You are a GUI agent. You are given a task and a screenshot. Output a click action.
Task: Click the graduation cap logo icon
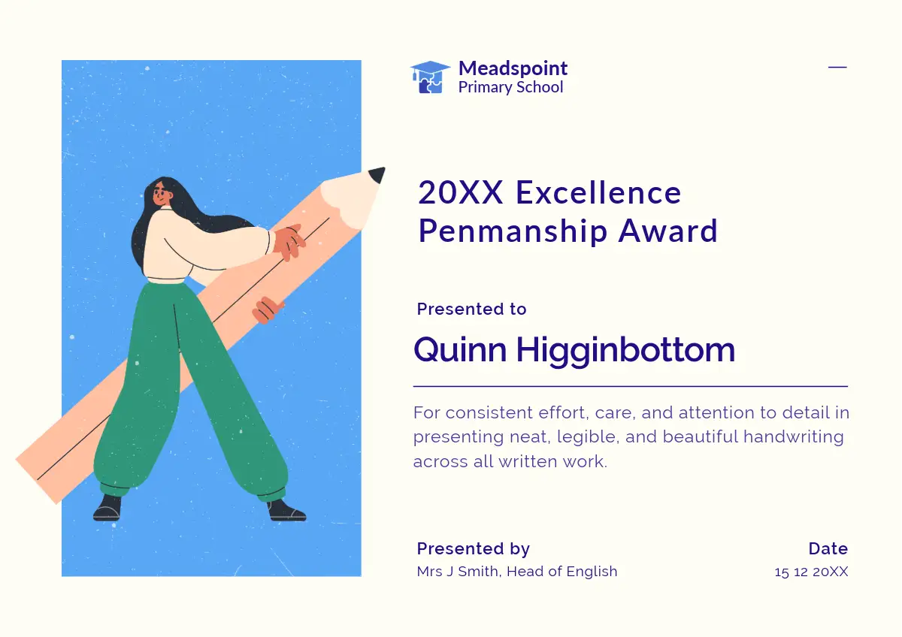430,77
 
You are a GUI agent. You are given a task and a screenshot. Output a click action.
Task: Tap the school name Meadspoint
513,68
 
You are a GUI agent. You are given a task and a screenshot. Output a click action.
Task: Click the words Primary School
510,87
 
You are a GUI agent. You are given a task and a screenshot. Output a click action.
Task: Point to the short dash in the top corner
837,67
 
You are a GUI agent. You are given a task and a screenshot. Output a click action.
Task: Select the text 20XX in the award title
461,193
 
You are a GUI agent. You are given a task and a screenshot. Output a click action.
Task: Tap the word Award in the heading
667,231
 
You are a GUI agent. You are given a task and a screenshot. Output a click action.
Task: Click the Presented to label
471,309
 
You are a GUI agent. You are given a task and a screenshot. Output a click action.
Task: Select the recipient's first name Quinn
460,350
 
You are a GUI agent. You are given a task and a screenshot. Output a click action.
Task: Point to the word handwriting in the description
793,437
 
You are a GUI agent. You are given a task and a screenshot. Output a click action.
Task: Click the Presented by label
474,549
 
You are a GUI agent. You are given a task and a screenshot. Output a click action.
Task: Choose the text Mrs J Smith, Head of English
517,572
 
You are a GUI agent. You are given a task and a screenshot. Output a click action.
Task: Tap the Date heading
828,548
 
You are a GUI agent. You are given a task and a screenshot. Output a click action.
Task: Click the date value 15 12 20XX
811,572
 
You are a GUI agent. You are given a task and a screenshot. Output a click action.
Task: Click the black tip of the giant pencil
377,174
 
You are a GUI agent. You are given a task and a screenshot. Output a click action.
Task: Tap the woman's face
160,195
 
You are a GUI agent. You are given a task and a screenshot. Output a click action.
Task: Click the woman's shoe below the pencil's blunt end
107,509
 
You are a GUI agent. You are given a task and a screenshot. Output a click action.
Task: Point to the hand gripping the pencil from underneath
268,309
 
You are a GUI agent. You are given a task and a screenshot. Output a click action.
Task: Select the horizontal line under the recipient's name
631,386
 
